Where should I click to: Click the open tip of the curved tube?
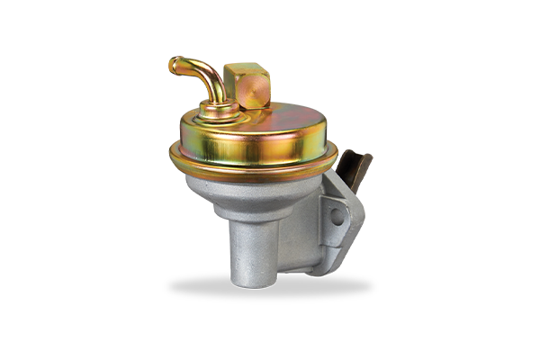[x=173, y=66]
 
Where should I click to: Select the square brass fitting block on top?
[x=247, y=85]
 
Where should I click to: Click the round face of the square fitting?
[x=256, y=91]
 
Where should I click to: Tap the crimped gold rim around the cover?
[x=252, y=166]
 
